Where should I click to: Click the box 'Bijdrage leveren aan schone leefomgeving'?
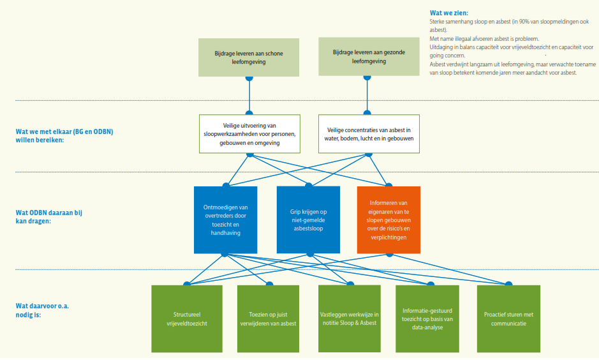(x=249, y=57)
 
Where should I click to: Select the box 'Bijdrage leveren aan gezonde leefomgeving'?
(x=367, y=57)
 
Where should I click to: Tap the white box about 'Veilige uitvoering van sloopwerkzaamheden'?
(x=249, y=134)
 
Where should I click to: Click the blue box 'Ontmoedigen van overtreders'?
(x=225, y=220)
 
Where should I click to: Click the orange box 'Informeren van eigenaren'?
(x=388, y=220)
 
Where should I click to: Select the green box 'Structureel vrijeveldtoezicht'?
(x=186, y=319)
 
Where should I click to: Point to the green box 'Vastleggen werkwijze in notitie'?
(x=349, y=319)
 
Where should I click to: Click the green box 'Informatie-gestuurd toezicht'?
(x=427, y=319)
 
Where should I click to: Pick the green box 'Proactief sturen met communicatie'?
(x=508, y=319)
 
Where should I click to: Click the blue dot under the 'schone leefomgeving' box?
(x=249, y=78)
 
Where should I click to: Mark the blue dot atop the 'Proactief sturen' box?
(x=508, y=284)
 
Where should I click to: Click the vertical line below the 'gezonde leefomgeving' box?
(x=367, y=96)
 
